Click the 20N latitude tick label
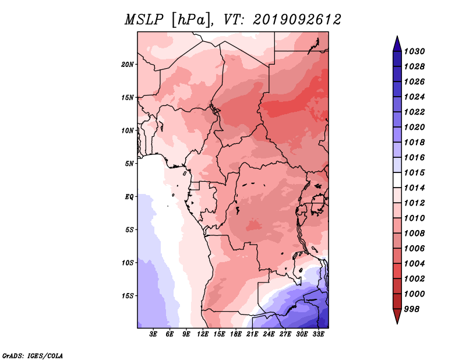click(x=128, y=64)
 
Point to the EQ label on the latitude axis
click(x=129, y=196)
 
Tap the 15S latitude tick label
click(x=128, y=296)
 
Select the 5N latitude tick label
click(x=129, y=164)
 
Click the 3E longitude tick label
click(x=153, y=334)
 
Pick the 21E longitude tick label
click(x=252, y=334)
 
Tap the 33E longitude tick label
click(x=318, y=334)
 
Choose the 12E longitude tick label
click(x=203, y=334)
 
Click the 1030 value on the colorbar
click(x=414, y=51)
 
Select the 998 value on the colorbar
click(x=412, y=309)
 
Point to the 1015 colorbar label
click(x=414, y=172)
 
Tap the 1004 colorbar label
click(x=414, y=264)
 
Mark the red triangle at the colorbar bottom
click(x=397, y=315)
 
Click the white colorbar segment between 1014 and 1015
click(x=397, y=180)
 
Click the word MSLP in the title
click(x=144, y=20)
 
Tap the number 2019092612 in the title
click(x=297, y=20)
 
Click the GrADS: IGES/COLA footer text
click(x=33, y=356)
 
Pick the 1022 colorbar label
click(x=414, y=112)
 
